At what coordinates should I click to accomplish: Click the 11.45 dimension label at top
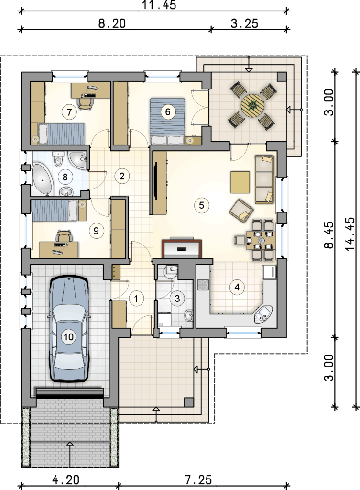point(159,5)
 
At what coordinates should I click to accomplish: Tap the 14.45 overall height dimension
point(350,234)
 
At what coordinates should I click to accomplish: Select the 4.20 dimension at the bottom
point(65,479)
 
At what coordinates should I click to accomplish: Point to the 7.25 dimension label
point(198,479)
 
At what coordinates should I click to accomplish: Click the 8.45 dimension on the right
point(328,234)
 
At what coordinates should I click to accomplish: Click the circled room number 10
point(68,336)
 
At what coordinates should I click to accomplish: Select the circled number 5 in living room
point(201,205)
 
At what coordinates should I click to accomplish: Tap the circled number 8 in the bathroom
point(65,177)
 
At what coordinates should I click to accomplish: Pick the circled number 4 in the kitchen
point(237,287)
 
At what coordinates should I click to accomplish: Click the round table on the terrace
point(252,105)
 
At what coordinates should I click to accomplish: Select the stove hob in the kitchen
point(203,285)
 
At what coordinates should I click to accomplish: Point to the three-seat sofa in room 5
point(264,179)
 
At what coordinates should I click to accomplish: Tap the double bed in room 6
point(168,121)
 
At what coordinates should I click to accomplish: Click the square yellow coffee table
point(240,182)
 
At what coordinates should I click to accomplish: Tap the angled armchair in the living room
point(241,211)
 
